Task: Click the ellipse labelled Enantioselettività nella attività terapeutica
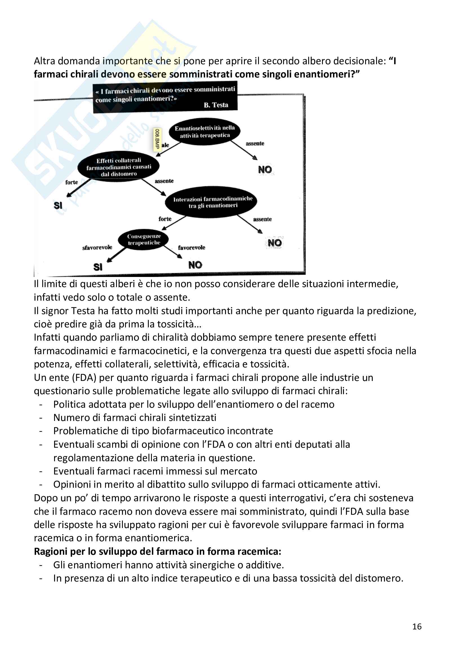[x=205, y=132]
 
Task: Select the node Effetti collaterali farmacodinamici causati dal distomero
[x=119, y=167]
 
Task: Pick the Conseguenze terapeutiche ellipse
[x=144, y=239]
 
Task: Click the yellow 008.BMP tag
[x=157, y=139]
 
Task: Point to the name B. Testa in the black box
[x=216, y=105]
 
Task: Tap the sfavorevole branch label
[x=97, y=247]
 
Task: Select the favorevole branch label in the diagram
[x=191, y=247]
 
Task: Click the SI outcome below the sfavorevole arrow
[x=98, y=267]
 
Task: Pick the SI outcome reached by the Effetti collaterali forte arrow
[x=58, y=205]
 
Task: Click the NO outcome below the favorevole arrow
[x=195, y=265]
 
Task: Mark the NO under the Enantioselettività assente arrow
[x=265, y=170]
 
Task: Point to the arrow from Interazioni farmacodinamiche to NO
[x=250, y=224]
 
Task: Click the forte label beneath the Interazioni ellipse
[x=165, y=219]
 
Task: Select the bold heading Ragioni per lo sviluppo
[x=157, y=551]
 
